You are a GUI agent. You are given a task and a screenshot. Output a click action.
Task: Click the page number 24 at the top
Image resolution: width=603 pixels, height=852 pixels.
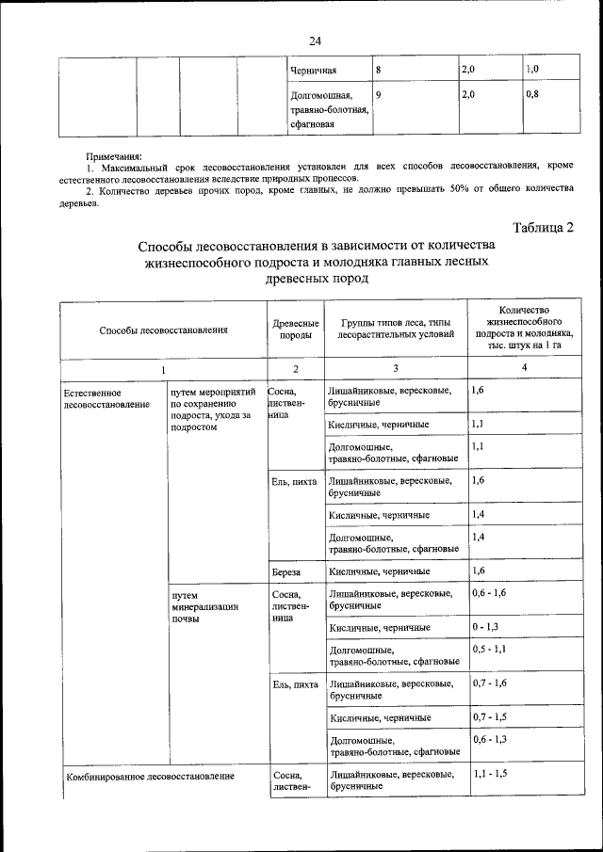[x=315, y=40]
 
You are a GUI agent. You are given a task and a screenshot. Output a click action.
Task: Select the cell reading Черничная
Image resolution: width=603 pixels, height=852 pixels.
[x=314, y=71]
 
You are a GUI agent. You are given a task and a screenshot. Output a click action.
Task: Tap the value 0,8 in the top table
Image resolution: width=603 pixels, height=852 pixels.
[x=532, y=95]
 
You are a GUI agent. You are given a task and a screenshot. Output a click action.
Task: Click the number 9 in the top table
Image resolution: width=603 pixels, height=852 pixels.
[x=378, y=95]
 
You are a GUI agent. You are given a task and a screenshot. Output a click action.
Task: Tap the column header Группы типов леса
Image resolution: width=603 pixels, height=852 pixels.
[x=396, y=330]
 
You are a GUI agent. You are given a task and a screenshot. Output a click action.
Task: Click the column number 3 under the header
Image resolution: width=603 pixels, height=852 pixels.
[x=396, y=370]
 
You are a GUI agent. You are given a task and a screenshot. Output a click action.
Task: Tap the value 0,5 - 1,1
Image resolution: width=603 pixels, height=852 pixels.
[x=491, y=650]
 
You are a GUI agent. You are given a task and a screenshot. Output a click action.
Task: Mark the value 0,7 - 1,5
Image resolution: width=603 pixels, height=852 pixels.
[x=491, y=717]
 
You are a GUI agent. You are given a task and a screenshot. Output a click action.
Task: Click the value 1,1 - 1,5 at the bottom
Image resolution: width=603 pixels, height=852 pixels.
[x=491, y=773]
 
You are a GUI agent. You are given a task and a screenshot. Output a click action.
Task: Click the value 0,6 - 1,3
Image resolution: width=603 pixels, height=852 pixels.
[x=491, y=740]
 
